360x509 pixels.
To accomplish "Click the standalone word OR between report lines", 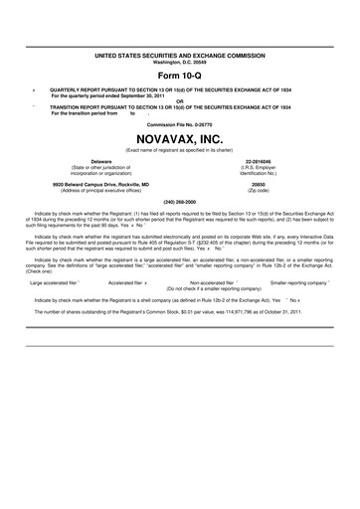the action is (180, 99).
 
